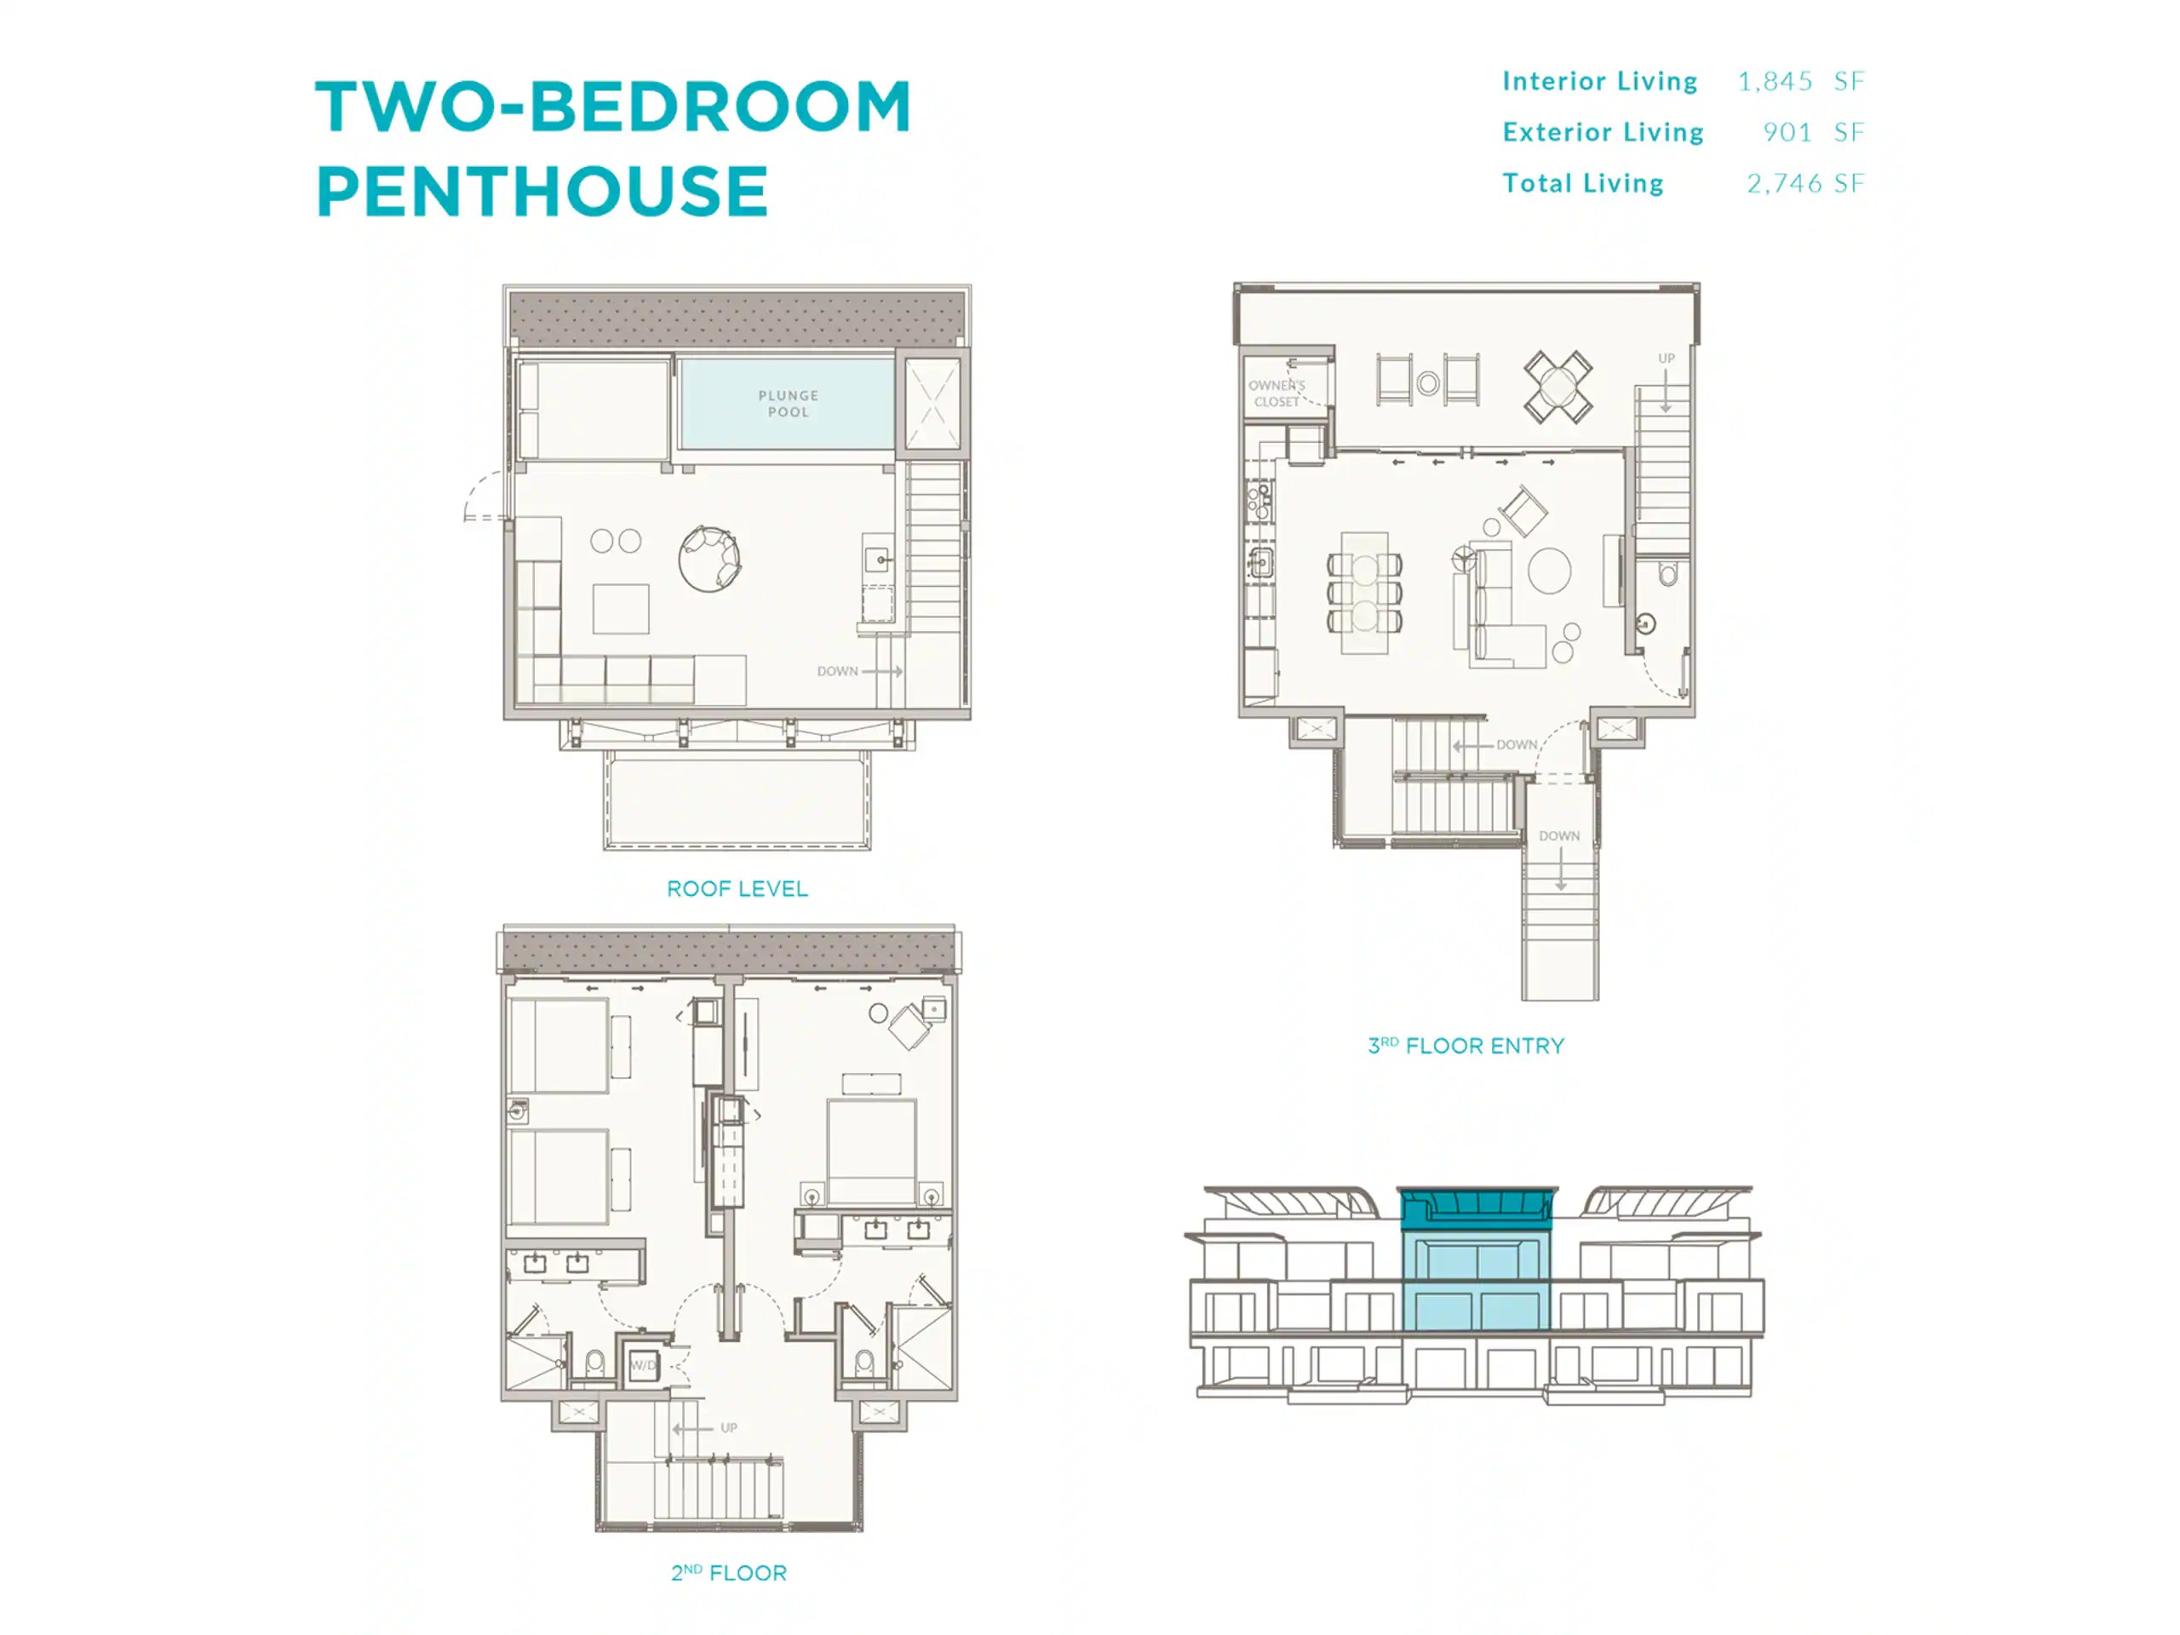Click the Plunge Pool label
click(788, 403)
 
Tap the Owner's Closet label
click(1276, 393)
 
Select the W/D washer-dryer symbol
click(643, 1365)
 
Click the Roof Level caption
click(737, 889)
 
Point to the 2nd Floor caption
click(729, 1573)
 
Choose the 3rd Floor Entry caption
click(1466, 1046)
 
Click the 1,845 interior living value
click(1775, 81)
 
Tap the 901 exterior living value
click(1787, 132)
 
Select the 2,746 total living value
click(1784, 183)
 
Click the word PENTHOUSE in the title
click(542, 192)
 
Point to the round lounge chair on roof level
click(709, 559)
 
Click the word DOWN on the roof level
click(838, 671)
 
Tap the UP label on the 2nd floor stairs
click(728, 1427)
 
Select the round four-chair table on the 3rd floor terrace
click(1558, 387)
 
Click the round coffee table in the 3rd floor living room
click(1549, 571)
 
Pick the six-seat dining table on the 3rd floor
click(1365, 593)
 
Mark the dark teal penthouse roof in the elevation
click(1477, 1208)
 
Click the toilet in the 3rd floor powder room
click(1667, 574)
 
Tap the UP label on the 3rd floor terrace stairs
click(1667, 358)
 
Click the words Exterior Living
click(1603, 132)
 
